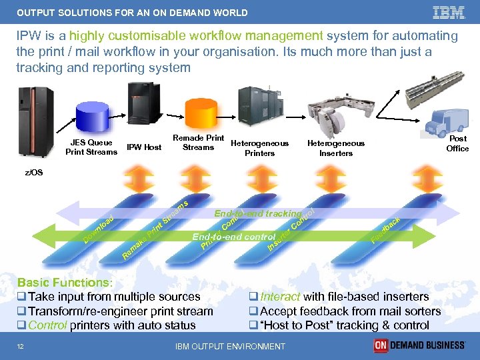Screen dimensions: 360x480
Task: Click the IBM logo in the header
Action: pos(449,12)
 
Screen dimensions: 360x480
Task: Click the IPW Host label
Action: pos(144,147)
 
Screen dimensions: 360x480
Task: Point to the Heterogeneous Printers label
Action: pos(259,148)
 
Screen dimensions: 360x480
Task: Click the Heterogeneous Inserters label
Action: pos(335,148)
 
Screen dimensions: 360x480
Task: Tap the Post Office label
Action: pos(457,143)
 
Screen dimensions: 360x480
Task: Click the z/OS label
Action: pos(34,172)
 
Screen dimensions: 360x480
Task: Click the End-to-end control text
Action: pos(233,237)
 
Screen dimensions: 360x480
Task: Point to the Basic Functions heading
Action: pos(65,283)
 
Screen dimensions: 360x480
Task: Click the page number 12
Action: pos(21,345)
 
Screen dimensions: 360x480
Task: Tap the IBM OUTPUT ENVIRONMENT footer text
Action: pos(230,346)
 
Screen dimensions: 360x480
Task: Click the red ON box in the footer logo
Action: pos(381,345)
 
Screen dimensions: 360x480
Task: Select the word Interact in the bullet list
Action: pos(280,297)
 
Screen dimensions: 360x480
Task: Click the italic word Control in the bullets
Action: pos(47,325)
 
